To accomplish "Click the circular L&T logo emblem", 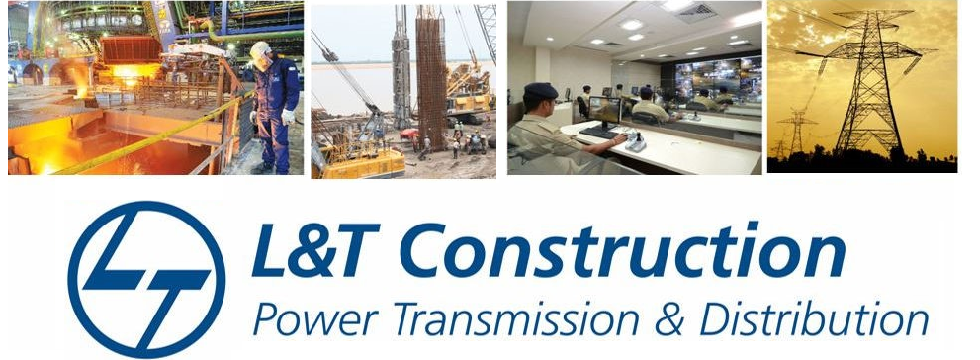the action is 147,279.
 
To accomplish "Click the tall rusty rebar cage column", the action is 431,75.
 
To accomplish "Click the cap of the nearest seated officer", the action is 540,91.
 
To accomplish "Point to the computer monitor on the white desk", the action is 604,111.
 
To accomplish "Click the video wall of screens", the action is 719,78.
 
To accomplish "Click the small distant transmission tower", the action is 796,133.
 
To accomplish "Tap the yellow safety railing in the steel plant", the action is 156,135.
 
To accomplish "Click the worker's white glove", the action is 288,117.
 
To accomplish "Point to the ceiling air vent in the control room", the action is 695,12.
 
